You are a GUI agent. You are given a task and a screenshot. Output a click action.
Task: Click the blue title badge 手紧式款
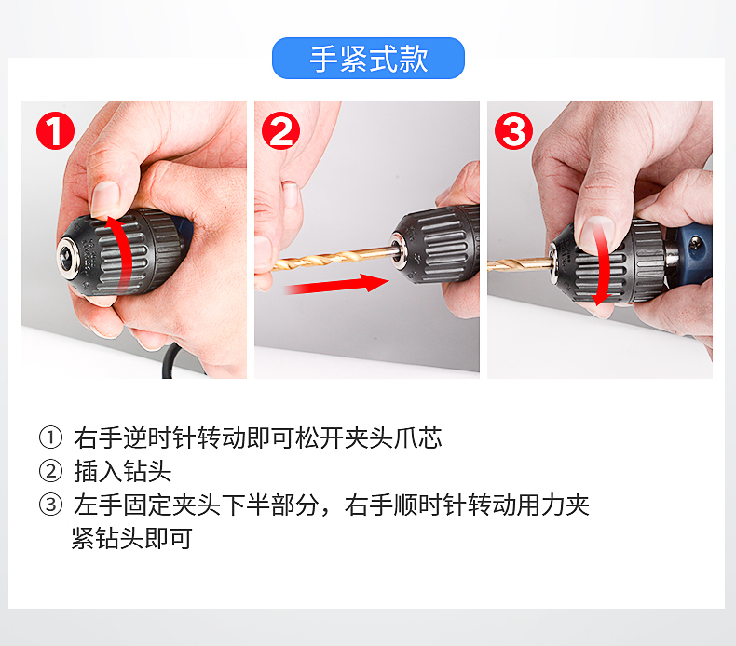click(x=368, y=58)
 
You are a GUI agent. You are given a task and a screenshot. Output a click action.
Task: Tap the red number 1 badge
click(x=55, y=131)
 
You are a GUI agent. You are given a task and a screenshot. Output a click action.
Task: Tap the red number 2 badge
click(x=280, y=131)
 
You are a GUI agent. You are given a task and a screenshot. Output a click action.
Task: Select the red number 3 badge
click(x=513, y=131)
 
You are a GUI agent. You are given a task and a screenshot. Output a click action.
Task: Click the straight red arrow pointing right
click(x=337, y=285)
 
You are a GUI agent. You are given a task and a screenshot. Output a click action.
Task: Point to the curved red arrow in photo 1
click(x=126, y=253)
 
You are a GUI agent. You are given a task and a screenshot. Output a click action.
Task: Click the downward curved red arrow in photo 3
click(x=602, y=262)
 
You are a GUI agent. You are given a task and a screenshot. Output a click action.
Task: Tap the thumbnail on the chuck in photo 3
click(x=595, y=233)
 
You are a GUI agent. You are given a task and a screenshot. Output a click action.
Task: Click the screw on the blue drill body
click(x=695, y=243)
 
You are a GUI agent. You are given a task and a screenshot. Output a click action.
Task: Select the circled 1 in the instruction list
click(x=50, y=437)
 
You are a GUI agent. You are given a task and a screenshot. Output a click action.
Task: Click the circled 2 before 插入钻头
click(x=50, y=471)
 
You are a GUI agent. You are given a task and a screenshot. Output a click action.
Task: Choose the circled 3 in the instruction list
click(x=50, y=505)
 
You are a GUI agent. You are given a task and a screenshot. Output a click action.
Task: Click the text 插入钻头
click(x=122, y=471)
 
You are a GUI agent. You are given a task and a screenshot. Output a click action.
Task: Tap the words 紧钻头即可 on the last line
click(x=132, y=538)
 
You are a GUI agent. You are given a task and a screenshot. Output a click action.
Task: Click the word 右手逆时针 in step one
click(x=135, y=437)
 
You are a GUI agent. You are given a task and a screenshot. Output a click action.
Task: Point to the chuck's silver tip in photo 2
click(x=399, y=252)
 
